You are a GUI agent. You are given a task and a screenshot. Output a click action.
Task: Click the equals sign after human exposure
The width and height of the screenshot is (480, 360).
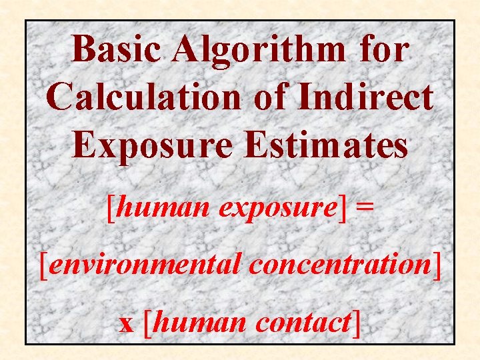tap(365, 209)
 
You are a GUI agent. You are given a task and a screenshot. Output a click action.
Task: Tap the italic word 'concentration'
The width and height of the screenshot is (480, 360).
tap(339, 265)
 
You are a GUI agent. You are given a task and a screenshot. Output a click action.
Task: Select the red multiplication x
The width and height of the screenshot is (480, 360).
tap(127, 323)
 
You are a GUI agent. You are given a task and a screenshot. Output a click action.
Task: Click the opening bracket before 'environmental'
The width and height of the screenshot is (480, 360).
tap(45, 266)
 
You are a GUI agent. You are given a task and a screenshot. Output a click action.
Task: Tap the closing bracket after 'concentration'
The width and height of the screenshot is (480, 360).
tap(437, 266)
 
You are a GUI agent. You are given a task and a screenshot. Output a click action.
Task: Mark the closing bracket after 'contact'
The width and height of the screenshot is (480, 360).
tap(357, 323)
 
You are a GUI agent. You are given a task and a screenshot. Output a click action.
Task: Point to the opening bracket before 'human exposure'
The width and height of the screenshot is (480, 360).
tap(111, 209)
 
